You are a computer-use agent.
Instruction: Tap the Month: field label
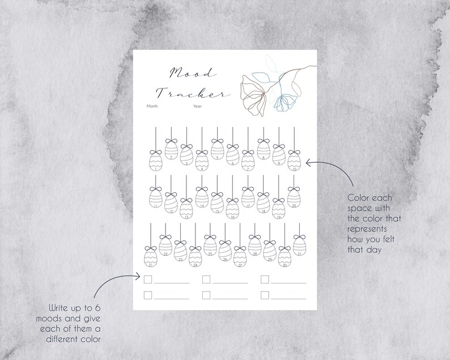click(x=152, y=106)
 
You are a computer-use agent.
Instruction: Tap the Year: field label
click(x=197, y=106)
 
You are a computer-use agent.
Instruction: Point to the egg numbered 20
click(x=293, y=198)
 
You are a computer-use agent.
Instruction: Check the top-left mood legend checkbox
click(x=148, y=279)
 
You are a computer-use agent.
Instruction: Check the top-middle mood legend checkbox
click(x=206, y=279)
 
